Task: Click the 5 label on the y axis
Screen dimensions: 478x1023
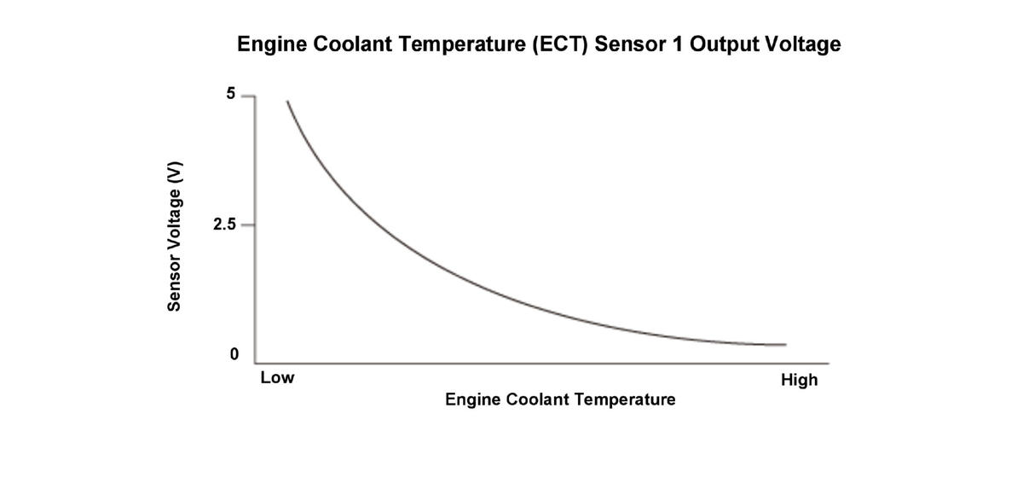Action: pos(231,95)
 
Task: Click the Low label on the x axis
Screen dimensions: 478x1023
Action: pos(277,377)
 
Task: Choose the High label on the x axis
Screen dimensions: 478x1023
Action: pos(799,380)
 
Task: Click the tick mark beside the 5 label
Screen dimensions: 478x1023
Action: pos(248,96)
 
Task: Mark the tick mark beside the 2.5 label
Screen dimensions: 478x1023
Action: pos(248,225)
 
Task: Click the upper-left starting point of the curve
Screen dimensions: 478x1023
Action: pos(287,102)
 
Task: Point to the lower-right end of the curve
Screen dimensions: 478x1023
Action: pos(784,345)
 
